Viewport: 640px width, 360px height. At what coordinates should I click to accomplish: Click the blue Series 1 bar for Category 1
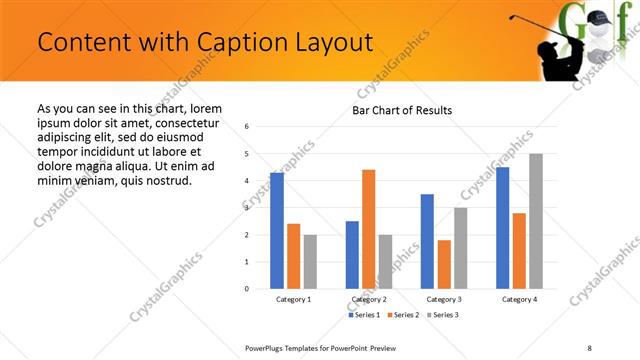coord(277,231)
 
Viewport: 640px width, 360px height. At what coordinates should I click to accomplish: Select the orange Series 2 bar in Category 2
coord(368,229)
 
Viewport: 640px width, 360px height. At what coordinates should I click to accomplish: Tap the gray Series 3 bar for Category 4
coord(535,221)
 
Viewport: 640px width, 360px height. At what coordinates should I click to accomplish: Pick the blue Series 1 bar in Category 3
coord(427,241)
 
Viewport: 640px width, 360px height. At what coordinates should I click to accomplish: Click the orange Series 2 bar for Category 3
coord(444,264)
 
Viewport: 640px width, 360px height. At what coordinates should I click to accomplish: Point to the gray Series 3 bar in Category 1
coord(310,262)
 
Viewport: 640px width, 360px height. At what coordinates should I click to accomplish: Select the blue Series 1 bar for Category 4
coord(502,228)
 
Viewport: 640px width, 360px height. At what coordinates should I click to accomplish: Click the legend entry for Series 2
coord(401,315)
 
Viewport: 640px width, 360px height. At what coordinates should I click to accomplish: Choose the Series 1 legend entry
coord(361,315)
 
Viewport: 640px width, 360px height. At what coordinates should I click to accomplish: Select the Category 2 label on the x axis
coord(369,299)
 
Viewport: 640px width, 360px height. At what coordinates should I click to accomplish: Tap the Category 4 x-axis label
coord(519,299)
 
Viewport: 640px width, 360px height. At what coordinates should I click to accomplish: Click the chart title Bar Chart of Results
coord(402,110)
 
